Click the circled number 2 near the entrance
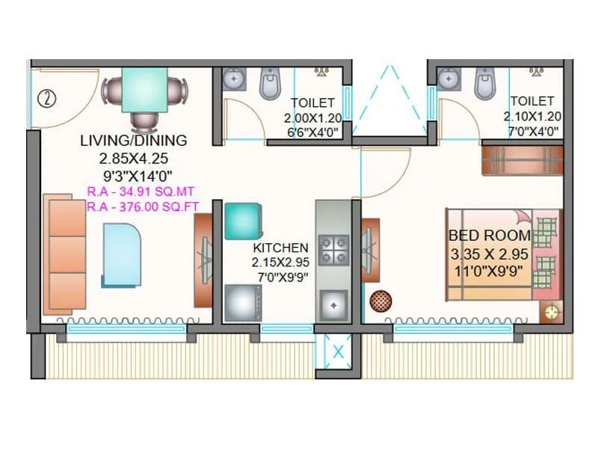pyautogui.click(x=48, y=97)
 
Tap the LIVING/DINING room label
pyautogui.click(x=133, y=140)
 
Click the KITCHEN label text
pyautogui.click(x=280, y=248)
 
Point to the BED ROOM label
pyautogui.click(x=490, y=235)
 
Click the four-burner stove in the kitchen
pyautogui.click(x=333, y=250)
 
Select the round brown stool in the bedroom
pyautogui.click(x=380, y=300)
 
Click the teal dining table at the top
pyautogui.click(x=146, y=89)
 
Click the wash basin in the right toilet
pyautogui.click(x=449, y=78)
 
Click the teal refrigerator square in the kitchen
pyautogui.click(x=241, y=221)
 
